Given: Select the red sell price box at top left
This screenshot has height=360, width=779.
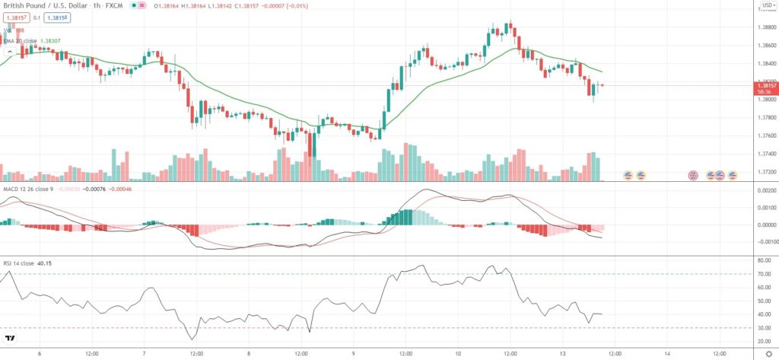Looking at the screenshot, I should pyautogui.click(x=17, y=18).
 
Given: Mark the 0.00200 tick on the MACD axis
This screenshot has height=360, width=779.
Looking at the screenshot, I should pyautogui.click(x=763, y=196).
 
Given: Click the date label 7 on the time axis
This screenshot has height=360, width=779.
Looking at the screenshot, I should pyautogui.click(x=143, y=353).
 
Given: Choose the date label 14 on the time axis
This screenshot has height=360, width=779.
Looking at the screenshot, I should pyautogui.click(x=666, y=353).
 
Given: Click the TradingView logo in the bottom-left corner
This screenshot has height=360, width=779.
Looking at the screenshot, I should pyautogui.click(x=11, y=339).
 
